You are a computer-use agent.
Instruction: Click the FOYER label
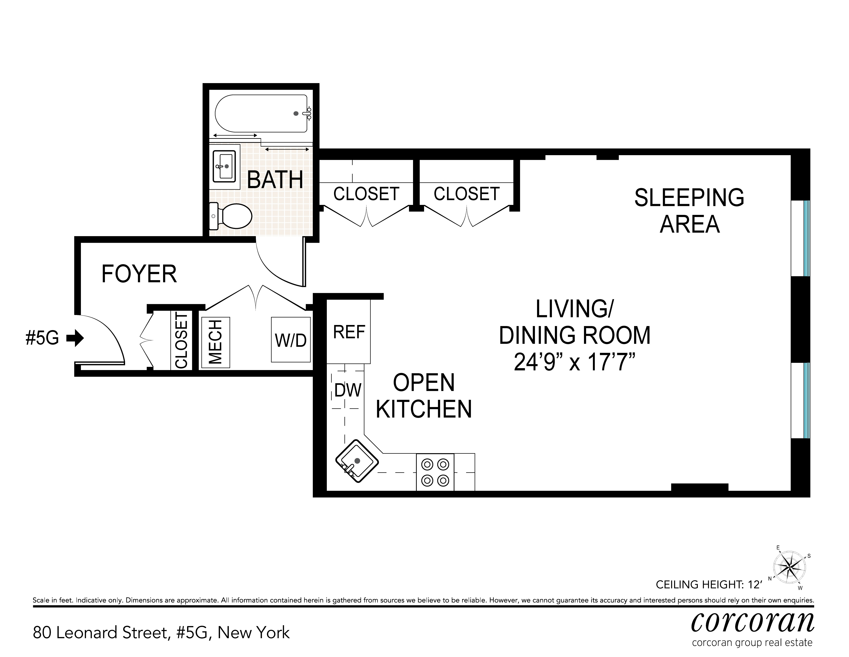[139, 274]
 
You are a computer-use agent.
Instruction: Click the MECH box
[215, 342]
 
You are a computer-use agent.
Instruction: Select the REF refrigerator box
[349, 332]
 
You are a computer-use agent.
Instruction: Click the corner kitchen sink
[357, 461]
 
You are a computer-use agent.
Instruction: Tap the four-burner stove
[435, 472]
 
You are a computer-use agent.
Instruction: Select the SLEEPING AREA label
[689, 210]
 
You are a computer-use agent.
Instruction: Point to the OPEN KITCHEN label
[424, 396]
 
